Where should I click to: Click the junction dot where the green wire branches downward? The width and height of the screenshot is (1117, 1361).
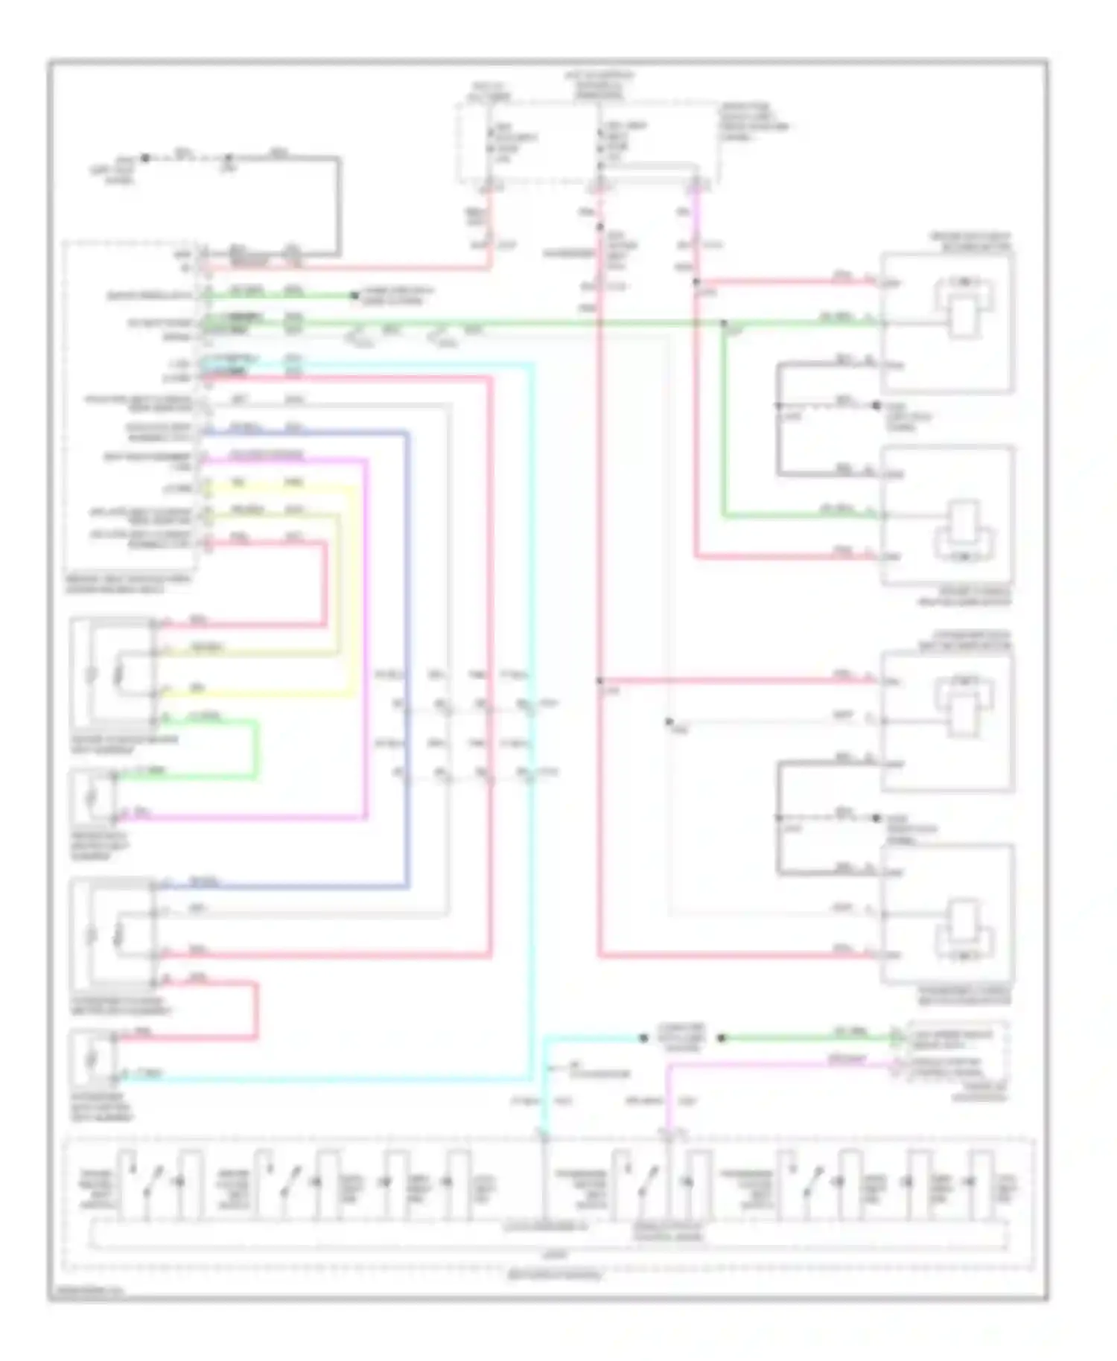[724, 323]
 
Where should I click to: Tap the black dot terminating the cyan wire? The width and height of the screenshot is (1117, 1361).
[643, 1038]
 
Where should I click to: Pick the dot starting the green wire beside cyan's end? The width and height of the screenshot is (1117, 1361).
[721, 1038]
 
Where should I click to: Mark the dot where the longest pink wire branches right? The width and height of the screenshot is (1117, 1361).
[599, 680]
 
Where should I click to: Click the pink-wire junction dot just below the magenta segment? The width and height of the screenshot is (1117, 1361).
[696, 282]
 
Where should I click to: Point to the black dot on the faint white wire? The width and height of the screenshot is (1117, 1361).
[668, 721]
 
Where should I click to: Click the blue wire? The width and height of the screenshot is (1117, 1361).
[407, 655]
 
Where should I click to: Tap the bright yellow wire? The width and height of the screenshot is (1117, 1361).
[353, 596]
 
